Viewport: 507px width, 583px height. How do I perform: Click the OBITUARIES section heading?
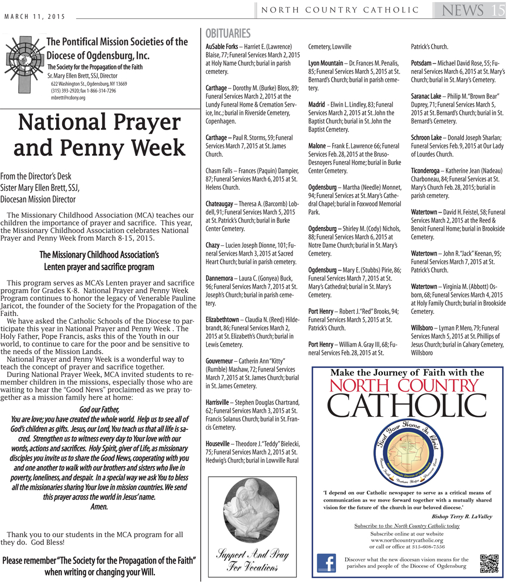pos(228,33)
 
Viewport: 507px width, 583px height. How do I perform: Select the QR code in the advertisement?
pos(489,563)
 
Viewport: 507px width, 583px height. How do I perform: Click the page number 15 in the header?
pos(497,10)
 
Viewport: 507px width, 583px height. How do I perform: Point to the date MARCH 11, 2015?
pos(35,17)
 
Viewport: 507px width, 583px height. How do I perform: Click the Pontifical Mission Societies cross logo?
pos(25,63)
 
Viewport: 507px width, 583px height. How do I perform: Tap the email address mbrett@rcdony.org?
pos(68,98)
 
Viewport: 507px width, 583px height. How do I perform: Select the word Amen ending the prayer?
pos(99,506)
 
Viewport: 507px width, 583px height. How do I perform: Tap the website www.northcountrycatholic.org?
pos(407,540)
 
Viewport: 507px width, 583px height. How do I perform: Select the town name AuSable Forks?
pos(222,47)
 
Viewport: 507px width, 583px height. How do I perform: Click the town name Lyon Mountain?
pos(325,64)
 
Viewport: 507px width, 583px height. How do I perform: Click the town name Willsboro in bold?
pos(424,328)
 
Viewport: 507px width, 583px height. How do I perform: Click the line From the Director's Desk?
pos(36,176)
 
